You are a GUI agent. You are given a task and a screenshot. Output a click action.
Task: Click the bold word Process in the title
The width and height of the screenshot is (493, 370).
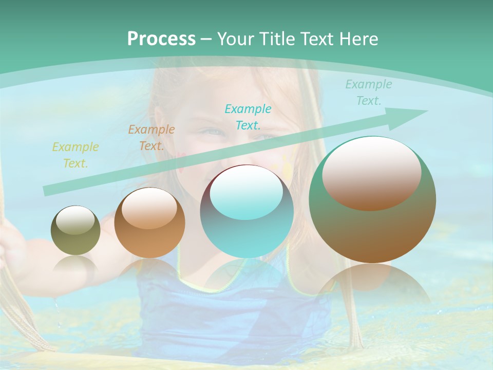(x=161, y=39)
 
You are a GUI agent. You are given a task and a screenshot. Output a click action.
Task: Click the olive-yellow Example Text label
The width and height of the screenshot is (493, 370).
(x=75, y=155)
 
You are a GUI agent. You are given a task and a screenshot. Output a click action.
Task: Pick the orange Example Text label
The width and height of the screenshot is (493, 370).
(x=151, y=138)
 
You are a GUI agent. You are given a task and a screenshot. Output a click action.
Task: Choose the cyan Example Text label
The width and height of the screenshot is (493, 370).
(x=248, y=117)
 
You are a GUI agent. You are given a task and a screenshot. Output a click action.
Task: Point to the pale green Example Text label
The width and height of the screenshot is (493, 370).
(x=368, y=92)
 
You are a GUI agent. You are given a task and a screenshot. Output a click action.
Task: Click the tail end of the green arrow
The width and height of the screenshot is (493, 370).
(x=47, y=191)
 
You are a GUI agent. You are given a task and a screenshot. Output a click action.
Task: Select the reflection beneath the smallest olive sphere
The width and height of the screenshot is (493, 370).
(x=75, y=265)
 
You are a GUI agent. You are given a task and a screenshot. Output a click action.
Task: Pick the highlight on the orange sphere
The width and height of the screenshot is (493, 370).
(x=149, y=208)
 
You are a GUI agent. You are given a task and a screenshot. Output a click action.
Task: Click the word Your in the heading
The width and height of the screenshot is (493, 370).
(x=236, y=39)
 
